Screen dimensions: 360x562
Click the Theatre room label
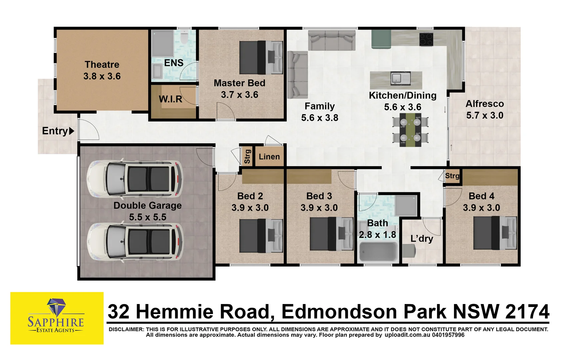point(102,65)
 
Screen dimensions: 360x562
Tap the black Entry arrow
point(71,131)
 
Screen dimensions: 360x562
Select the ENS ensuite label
point(174,63)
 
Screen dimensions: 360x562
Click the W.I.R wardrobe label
point(170,99)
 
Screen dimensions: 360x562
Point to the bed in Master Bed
point(261,57)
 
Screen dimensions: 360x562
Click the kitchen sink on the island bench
point(396,79)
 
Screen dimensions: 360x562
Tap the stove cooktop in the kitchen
point(426,39)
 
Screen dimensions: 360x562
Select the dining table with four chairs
point(410,130)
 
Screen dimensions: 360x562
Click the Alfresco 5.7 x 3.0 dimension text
point(485,115)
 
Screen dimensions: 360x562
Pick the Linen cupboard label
point(269,157)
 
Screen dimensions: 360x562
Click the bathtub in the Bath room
point(378,252)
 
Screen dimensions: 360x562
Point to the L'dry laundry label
point(422,238)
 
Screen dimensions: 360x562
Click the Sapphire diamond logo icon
point(56,306)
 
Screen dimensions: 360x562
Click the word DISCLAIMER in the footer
point(126,329)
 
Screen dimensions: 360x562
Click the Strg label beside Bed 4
point(452,176)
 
